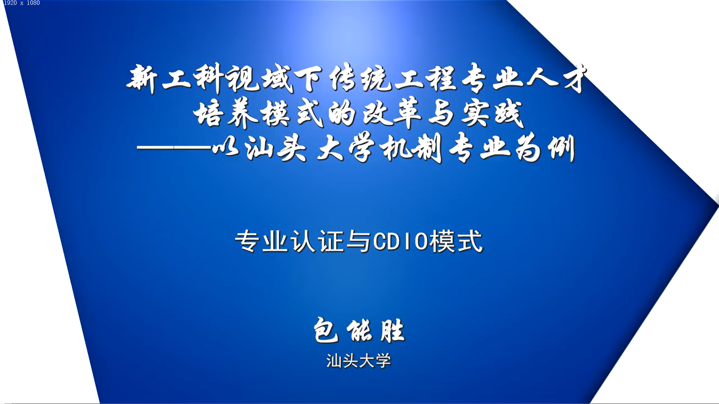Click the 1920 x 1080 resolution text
(x=22, y=3)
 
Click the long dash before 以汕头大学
(x=174, y=148)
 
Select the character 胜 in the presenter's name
(x=392, y=331)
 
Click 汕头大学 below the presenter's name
(x=359, y=361)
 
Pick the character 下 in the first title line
(x=308, y=79)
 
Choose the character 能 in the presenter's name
(x=359, y=331)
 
